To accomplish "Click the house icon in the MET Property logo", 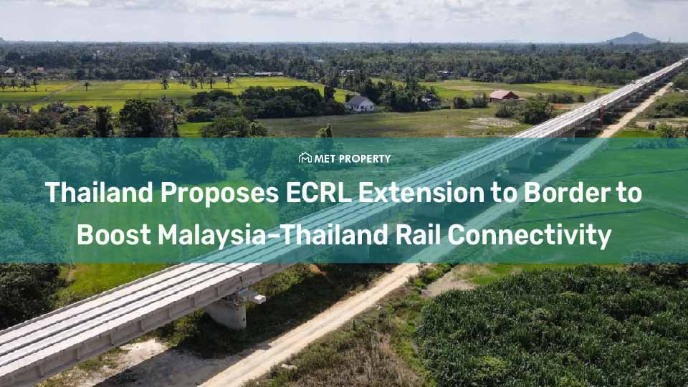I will [305, 158].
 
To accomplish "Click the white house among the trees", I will [360, 104].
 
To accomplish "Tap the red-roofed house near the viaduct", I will [504, 96].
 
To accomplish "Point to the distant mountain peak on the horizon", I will [632, 38].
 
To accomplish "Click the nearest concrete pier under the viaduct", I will [228, 311].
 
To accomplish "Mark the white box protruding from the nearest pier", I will [256, 295].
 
